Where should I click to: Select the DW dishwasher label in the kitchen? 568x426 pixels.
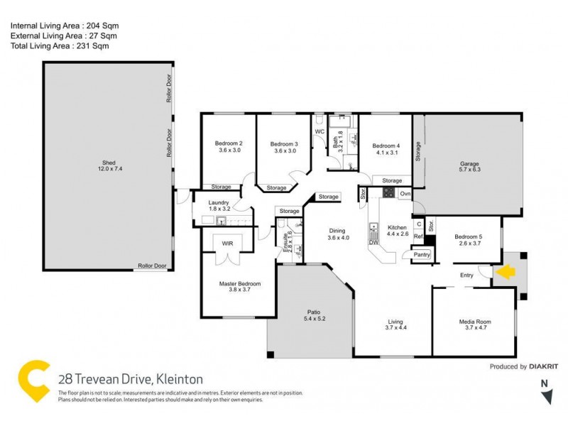click(373, 243)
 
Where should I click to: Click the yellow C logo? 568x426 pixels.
click(34, 382)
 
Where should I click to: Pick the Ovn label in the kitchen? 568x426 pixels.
click(405, 193)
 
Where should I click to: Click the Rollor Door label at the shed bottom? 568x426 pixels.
click(151, 267)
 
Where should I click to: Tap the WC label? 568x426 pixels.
click(319, 131)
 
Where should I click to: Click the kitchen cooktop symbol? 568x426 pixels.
click(388, 192)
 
